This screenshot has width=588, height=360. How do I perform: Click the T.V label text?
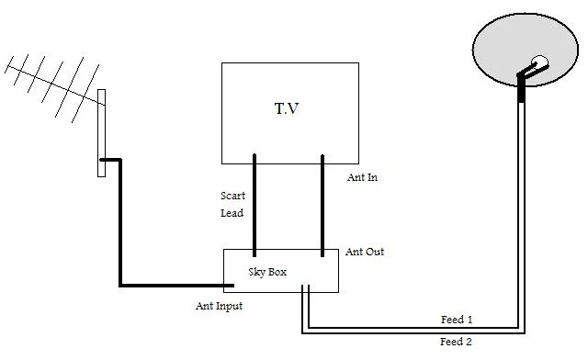[x=287, y=108]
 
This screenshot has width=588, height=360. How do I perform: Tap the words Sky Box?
[x=267, y=272]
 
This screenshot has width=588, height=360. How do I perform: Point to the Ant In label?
[x=362, y=177]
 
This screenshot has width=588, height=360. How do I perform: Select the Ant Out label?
[x=365, y=252]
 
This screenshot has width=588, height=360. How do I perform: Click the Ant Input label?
[x=219, y=306]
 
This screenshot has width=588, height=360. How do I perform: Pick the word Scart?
[x=232, y=196]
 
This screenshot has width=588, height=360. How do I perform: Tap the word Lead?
[x=232, y=213]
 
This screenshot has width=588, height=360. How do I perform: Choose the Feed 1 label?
[x=457, y=320]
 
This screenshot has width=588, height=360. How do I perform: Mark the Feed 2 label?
[x=456, y=342]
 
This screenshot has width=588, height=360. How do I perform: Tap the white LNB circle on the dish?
[x=540, y=62]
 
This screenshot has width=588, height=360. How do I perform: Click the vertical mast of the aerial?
[x=102, y=133]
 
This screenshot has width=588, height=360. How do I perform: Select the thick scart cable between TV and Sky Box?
[x=254, y=205]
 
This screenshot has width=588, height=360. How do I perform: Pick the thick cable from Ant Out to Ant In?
[x=322, y=206]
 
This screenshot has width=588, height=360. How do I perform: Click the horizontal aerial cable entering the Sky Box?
[x=176, y=286]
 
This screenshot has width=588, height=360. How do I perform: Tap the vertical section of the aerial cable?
[x=120, y=222]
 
